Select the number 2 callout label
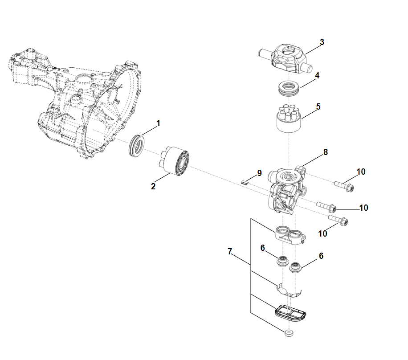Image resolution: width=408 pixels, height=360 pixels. [x=153, y=186]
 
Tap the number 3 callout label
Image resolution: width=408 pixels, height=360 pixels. [x=322, y=42]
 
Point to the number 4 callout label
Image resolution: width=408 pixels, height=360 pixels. [x=317, y=76]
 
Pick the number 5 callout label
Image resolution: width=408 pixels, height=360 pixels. [x=318, y=107]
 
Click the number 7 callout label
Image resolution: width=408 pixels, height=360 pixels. [x=230, y=252]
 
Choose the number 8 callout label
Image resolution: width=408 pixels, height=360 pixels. [x=326, y=152]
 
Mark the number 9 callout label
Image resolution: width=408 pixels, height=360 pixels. [x=259, y=173]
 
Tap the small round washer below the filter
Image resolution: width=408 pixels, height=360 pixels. [x=289, y=332]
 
